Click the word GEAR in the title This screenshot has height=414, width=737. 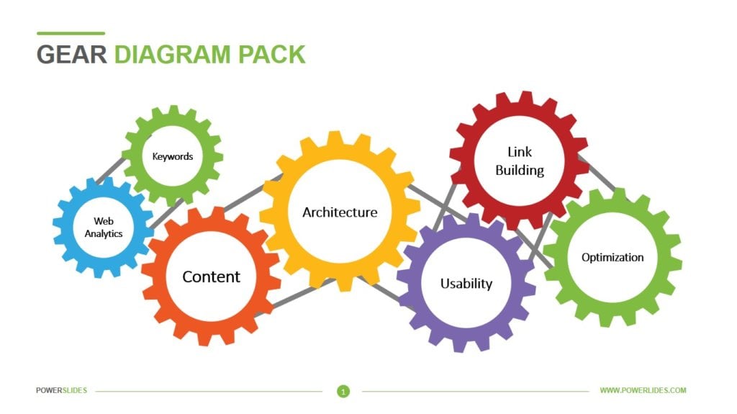tap(72, 55)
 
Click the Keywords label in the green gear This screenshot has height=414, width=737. tap(172, 156)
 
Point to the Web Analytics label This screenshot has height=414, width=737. tap(104, 228)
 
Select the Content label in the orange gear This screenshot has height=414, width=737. tap(211, 277)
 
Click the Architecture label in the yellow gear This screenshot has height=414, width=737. tap(340, 212)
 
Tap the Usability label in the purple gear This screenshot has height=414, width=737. tap(466, 284)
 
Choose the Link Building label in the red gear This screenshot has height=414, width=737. tap(520, 161)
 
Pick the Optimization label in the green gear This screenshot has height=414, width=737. tap(612, 258)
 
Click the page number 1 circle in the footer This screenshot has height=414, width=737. tap(343, 391)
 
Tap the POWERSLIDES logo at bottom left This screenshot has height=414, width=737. tap(61, 391)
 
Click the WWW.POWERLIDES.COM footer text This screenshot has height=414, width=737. tap(643, 391)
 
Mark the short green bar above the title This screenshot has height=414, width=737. tap(71, 33)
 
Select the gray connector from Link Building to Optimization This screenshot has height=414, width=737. tap(599, 175)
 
